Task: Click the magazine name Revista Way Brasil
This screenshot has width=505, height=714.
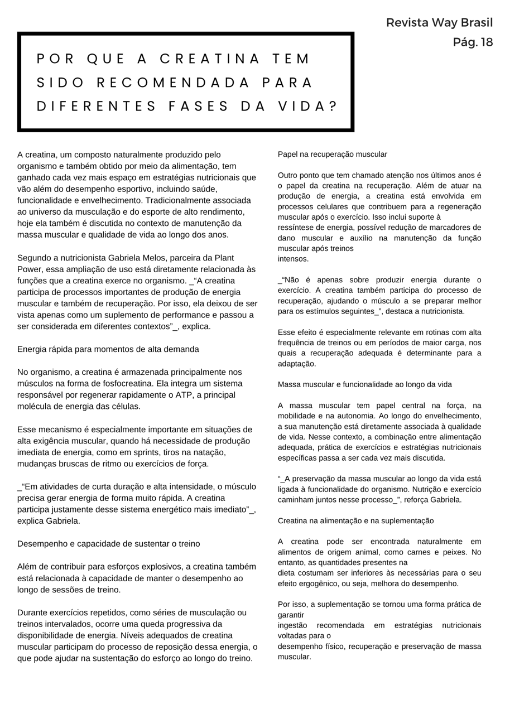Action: click(439, 23)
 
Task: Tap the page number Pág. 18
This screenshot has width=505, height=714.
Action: click(473, 42)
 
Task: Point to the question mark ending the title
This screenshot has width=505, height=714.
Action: click(334, 107)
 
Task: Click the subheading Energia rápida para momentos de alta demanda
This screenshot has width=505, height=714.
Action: click(108, 349)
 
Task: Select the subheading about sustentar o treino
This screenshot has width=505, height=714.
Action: click(108, 543)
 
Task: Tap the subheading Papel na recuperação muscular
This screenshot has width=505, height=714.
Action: click(332, 154)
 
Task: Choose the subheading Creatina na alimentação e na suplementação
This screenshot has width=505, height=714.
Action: click(355, 520)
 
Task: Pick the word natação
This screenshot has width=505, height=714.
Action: click(206, 452)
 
